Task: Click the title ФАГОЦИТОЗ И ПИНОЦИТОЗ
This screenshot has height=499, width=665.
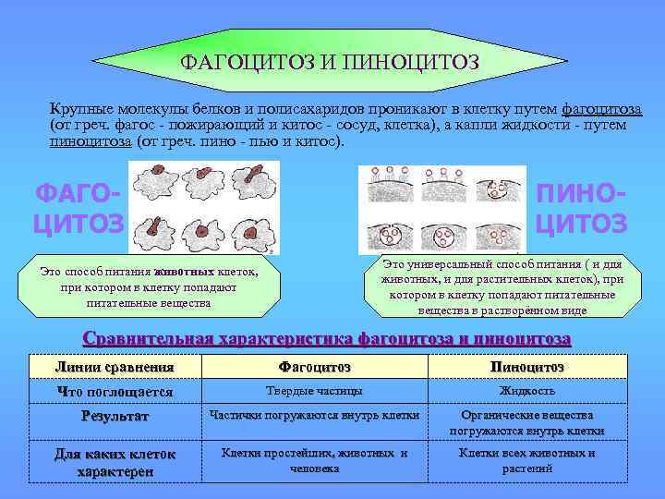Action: [330, 63]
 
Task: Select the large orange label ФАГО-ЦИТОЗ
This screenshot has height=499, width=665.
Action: [78, 209]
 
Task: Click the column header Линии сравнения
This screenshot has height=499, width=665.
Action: [115, 367]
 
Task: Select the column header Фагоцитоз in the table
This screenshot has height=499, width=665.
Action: [314, 367]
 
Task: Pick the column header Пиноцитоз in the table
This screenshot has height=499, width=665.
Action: [526, 367]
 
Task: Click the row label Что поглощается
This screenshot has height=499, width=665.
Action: [115, 391]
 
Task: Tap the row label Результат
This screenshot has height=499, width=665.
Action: [115, 417]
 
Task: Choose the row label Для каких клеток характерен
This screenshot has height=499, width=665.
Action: [115, 462]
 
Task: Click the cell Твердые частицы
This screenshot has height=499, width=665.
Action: [314, 391]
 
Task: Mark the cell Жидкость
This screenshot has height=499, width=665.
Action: [526, 391]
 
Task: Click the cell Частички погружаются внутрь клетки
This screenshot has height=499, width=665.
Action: [314, 415]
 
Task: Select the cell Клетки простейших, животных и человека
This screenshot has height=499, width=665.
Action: [314, 460]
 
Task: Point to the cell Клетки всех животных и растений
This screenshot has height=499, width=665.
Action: [526, 460]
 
